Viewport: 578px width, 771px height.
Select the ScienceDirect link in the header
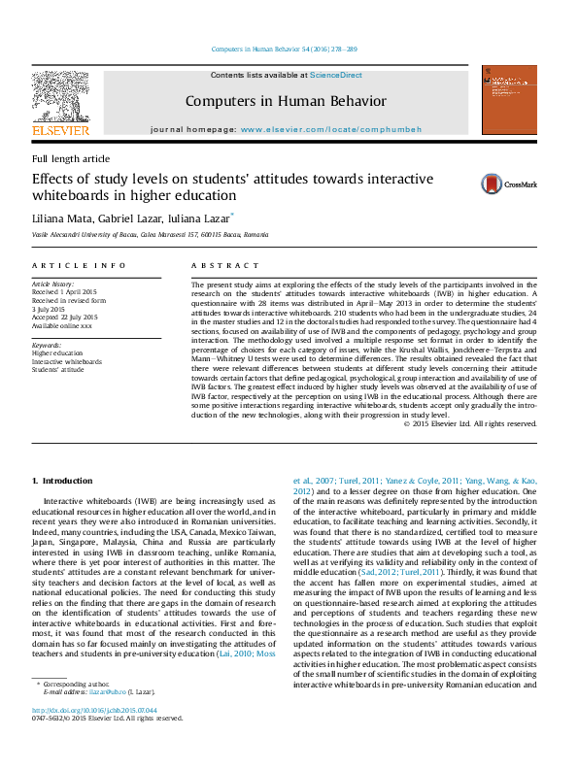[x=335, y=74]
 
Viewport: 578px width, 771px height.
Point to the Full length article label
[x=71, y=158]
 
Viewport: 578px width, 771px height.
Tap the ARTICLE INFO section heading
[x=79, y=264]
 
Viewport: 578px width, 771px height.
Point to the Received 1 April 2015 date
[x=66, y=290]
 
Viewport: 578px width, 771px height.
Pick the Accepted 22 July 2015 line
[x=65, y=318]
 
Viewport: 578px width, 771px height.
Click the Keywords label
[x=48, y=345]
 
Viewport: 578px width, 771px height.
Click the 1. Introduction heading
[x=63, y=481]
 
